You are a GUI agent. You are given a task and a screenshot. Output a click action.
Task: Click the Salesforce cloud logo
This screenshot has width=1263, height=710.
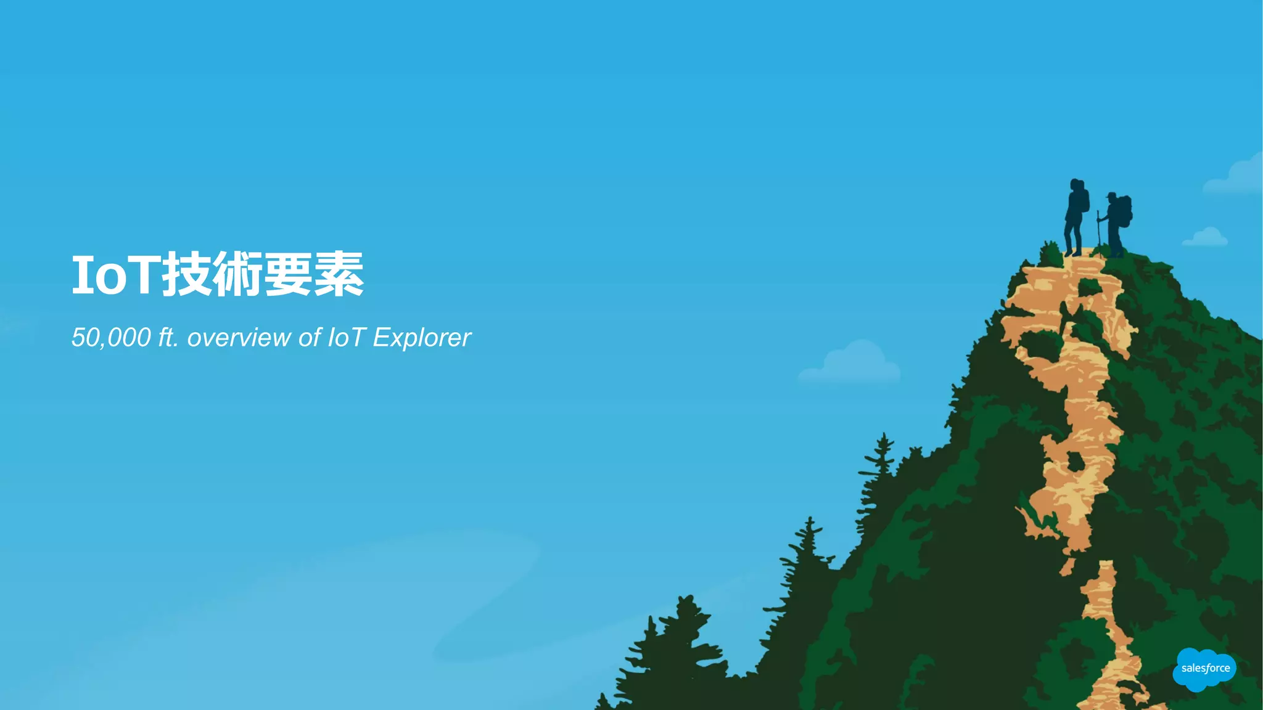click(1204, 669)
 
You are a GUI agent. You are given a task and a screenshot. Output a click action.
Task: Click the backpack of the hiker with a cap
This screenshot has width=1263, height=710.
click(1125, 210)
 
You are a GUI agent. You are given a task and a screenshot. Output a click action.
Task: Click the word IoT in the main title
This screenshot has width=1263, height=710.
click(116, 275)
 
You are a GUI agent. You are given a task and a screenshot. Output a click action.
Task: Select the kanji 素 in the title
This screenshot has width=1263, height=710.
click(339, 274)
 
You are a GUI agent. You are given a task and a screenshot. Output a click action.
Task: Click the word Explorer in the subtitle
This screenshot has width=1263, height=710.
click(422, 338)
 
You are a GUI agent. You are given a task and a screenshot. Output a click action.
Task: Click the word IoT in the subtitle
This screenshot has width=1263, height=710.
click(347, 338)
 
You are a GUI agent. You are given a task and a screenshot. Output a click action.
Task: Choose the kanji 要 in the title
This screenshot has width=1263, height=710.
click(288, 274)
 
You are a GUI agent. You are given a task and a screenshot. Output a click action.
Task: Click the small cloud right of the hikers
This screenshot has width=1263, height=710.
click(1206, 237)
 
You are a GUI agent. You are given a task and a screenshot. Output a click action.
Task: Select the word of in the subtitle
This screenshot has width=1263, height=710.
click(310, 338)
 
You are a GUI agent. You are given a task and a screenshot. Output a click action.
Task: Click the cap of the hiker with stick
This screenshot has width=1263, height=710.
click(1111, 195)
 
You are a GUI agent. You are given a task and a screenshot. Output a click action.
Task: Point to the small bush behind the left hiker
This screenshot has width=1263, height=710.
click(1050, 253)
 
